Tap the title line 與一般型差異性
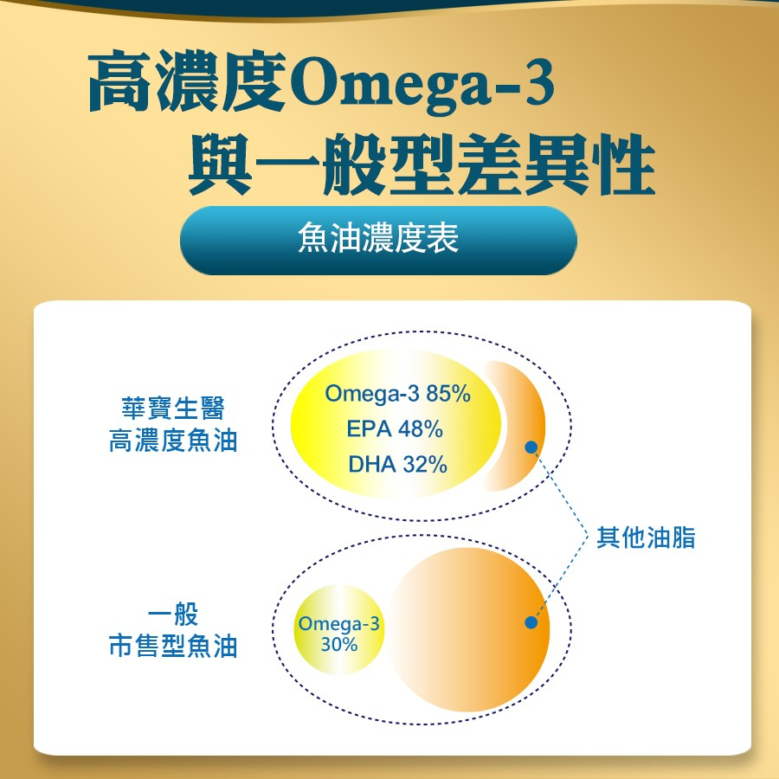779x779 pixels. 422,164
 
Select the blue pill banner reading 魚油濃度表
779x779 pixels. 378,241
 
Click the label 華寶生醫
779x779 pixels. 173,409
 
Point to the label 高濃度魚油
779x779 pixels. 173,441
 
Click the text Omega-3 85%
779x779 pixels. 397,394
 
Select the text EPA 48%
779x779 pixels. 395,429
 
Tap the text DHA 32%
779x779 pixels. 397,465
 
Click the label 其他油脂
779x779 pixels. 646,537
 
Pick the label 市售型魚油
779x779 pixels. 173,647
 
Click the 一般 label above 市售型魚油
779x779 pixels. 173,614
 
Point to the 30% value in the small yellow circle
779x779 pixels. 339,644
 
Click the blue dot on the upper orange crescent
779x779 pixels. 531,447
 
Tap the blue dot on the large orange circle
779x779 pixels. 531,622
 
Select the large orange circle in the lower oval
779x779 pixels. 469,629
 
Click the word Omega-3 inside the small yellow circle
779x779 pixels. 338,623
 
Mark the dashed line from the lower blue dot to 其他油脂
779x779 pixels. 560,579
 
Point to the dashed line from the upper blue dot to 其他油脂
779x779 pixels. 560,492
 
